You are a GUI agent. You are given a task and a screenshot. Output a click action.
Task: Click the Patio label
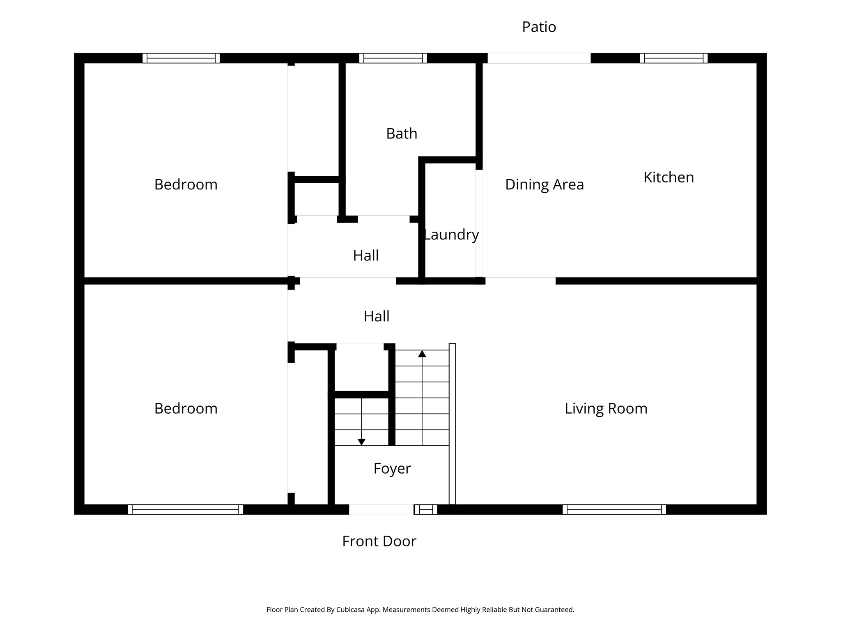[x=539, y=27]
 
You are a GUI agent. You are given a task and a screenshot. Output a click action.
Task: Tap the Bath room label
[x=402, y=134]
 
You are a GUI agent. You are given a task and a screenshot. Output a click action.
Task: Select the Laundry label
[x=451, y=235]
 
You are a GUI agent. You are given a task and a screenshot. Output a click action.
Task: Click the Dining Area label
[x=544, y=184]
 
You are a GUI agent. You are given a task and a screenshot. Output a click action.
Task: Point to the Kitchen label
[x=669, y=177]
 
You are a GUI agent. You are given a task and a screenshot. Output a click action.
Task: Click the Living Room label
[x=606, y=408]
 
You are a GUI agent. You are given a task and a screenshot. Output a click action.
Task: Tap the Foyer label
[x=392, y=468]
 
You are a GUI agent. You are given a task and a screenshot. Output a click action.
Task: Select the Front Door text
[x=379, y=541]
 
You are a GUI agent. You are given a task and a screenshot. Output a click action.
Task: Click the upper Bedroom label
[x=186, y=184]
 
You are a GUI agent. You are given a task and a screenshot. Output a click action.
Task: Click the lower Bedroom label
[x=186, y=408]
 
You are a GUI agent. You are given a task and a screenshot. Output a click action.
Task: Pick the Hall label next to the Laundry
[x=365, y=256]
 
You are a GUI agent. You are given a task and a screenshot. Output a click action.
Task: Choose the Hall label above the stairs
[x=376, y=316]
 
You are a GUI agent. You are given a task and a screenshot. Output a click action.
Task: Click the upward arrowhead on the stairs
[x=422, y=354]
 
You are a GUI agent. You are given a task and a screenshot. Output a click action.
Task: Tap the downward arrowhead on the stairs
[x=361, y=442]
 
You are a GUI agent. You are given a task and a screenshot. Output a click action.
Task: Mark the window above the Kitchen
[x=673, y=58]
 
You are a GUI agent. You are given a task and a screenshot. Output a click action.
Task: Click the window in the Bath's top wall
[x=393, y=58]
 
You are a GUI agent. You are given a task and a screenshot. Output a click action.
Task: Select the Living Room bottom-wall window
[x=614, y=509]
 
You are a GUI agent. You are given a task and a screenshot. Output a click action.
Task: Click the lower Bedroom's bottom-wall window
[x=185, y=509]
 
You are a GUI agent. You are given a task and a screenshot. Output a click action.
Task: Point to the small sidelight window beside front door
[x=425, y=509]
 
